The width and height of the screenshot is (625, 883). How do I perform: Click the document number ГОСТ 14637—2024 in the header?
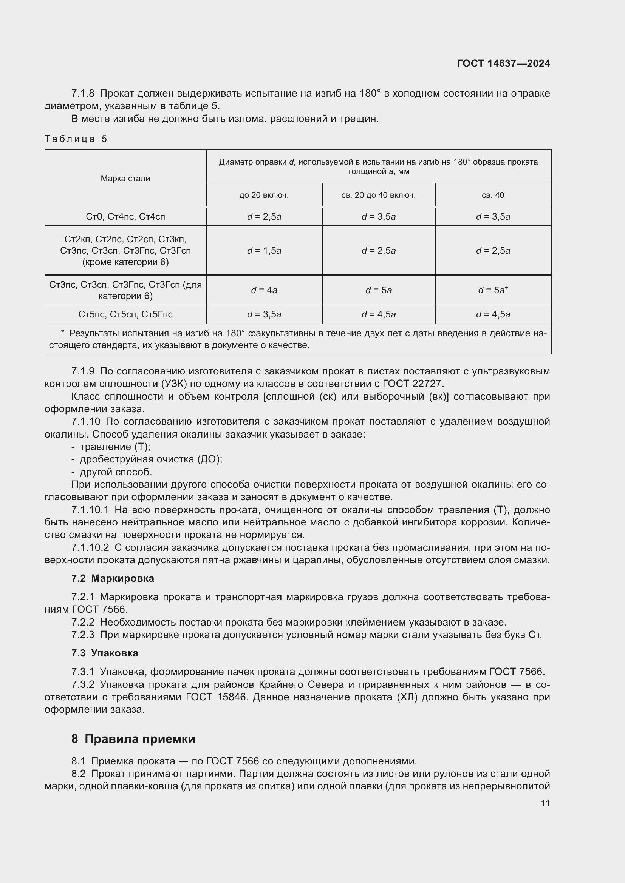click(503, 63)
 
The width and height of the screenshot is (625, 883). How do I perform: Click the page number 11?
click(545, 803)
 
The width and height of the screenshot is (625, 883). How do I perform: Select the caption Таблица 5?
click(76, 139)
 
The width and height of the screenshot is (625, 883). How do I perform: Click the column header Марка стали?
click(125, 179)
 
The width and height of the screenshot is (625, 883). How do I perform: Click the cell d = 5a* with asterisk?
click(493, 290)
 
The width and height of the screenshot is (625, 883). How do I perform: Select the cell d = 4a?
click(264, 290)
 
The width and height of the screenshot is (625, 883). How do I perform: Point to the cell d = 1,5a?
click(264, 251)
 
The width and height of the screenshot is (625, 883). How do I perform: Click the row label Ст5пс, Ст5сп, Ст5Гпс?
click(125, 314)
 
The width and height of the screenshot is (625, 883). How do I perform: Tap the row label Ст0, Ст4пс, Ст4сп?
click(125, 217)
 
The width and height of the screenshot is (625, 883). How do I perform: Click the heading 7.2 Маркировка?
click(112, 578)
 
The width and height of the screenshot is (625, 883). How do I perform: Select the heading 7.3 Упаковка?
click(105, 653)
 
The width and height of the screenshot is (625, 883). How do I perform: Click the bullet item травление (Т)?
click(115, 447)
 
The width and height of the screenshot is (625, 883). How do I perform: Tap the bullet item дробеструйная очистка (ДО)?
click(151, 459)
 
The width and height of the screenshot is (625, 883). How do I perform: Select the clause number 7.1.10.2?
click(90, 548)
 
